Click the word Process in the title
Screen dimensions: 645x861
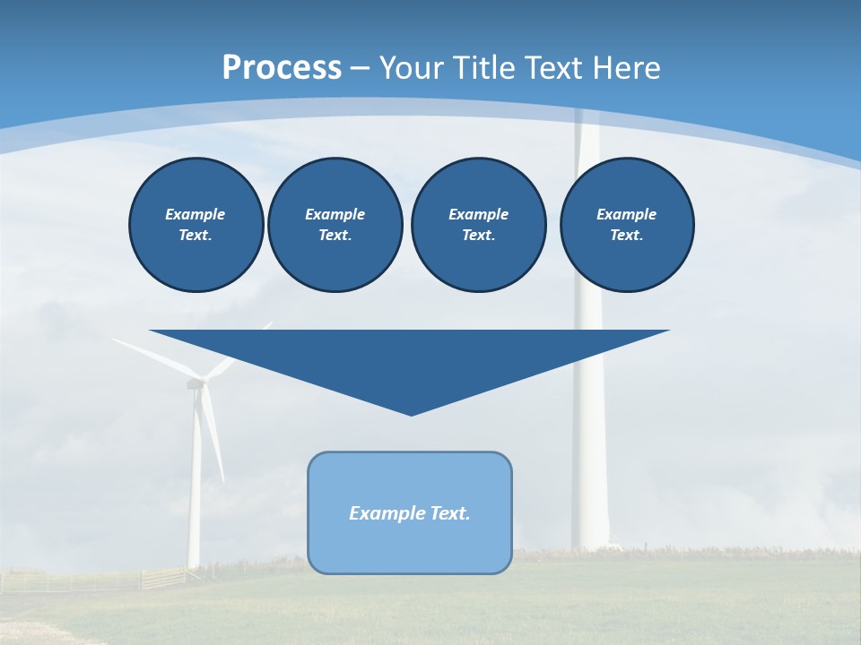point(282,68)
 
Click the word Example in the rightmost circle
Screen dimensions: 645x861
point(626,214)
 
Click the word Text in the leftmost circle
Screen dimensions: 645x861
point(195,236)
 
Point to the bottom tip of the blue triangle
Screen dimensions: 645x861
point(412,414)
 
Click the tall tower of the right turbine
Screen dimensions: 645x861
point(589,430)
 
